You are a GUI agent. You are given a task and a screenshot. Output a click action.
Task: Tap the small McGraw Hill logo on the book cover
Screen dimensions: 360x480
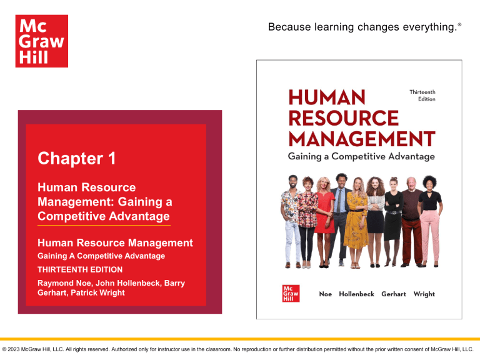tap(291, 294)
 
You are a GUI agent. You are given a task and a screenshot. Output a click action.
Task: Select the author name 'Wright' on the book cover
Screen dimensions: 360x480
tap(424, 294)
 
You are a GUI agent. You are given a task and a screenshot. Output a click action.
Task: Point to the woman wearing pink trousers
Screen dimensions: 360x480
tap(431, 219)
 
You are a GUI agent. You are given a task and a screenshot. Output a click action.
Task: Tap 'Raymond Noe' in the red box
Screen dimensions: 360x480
tap(61, 283)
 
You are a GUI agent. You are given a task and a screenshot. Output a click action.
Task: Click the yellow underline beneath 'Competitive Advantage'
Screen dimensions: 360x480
tap(104, 224)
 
